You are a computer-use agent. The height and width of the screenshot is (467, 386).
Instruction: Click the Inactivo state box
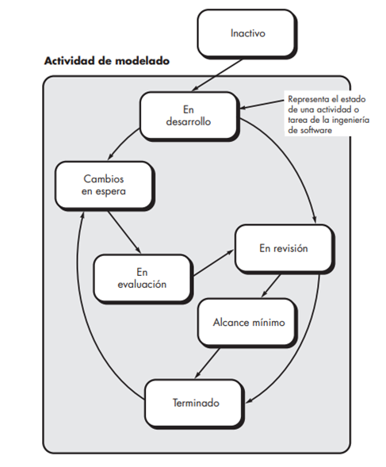tap(247, 33)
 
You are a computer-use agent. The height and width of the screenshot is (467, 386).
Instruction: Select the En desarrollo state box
tap(189, 116)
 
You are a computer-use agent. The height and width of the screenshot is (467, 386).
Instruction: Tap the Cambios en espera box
tap(105, 186)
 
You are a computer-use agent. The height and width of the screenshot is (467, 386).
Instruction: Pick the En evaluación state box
tap(143, 279)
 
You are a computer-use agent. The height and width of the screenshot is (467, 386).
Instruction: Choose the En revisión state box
tap(285, 249)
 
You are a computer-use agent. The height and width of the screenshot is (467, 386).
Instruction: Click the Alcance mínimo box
tap(248, 323)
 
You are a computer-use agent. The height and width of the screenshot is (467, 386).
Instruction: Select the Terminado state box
tap(195, 404)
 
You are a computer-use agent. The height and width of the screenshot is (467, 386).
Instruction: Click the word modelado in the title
tap(142, 61)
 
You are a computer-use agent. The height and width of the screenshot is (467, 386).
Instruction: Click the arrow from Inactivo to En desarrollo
tap(217, 75)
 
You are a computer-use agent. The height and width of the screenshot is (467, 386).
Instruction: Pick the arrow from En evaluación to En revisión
tap(213, 262)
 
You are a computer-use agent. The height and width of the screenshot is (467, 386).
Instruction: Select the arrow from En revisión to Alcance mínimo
tap(271, 285)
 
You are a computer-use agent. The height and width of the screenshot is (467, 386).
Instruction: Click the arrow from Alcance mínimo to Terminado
tap(207, 363)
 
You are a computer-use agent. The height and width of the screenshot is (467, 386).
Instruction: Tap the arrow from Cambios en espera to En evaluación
tap(124, 232)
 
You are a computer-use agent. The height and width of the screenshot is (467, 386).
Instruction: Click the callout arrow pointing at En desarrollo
tap(262, 105)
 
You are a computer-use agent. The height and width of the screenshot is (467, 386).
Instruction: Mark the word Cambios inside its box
tap(104, 179)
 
